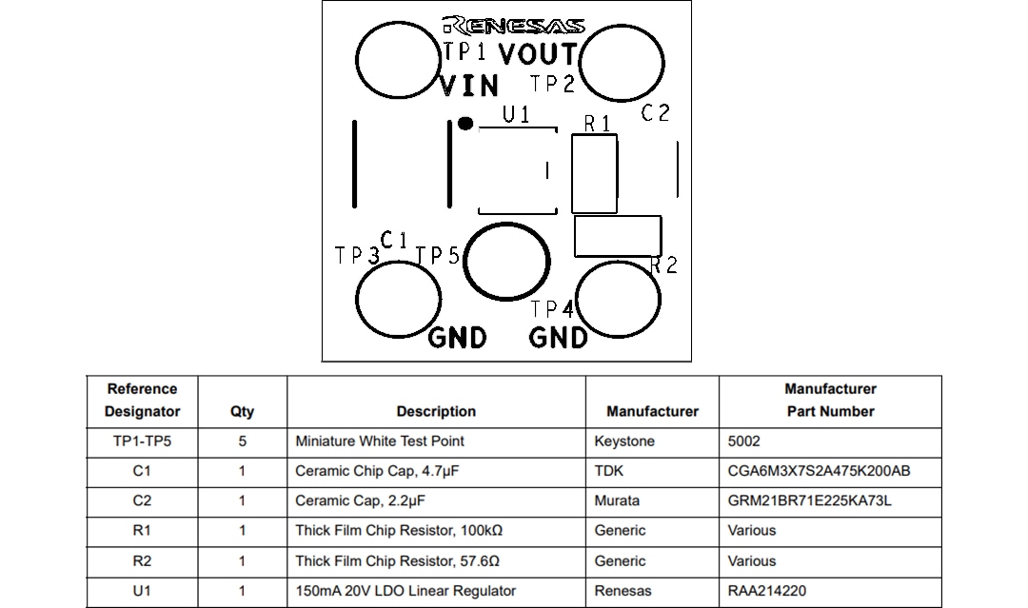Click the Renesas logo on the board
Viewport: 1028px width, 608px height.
(x=514, y=25)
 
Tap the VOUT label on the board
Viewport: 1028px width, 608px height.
(x=538, y=54)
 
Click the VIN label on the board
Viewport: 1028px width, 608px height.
(x=469, y=87)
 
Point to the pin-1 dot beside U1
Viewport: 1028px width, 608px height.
(x=465, y=123)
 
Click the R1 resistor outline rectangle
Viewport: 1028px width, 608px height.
(x=595, y=173)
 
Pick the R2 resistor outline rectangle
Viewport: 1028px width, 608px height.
(x=617, y=236)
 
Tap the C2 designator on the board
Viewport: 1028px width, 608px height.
(x=656, y=113)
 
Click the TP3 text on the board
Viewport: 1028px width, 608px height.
(x=357, y=256)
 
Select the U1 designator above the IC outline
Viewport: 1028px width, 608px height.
(x=517, y=115)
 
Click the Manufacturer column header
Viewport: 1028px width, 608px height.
(x=652, y=411)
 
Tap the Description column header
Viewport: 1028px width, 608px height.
(x=436, y=411)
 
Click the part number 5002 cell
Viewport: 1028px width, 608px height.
(x=744, y=441)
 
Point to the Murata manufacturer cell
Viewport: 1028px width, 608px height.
(x=617, y=500)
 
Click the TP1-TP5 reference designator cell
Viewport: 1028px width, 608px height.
(x=142, y=441)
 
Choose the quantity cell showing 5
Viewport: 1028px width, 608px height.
(x=242, y=441)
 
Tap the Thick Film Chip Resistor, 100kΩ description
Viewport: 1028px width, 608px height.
(x=398, y=531)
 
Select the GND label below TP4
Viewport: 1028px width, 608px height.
(x=558, y=338)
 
